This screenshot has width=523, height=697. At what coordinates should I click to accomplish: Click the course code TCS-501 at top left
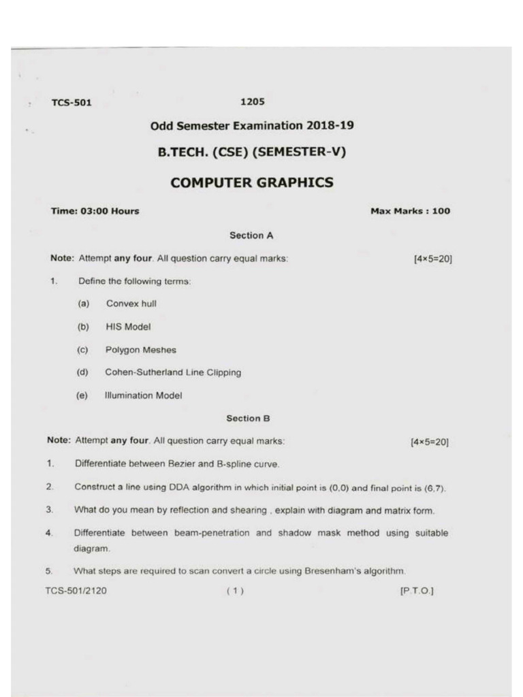(x=72, y=103)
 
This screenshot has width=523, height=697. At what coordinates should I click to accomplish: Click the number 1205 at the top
(x=252, y=102)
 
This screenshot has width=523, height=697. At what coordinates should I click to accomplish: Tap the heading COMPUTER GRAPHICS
(x=252, y=182)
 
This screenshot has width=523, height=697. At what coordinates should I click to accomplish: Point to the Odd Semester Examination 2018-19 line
(x=252, y=125)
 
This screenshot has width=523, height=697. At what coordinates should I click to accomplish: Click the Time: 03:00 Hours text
(x=95, y=211)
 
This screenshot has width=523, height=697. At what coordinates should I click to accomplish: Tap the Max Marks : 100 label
(x=410, y=211)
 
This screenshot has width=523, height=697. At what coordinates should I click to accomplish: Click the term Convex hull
(x=131, y=304)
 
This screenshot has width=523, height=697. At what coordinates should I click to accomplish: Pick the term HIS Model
(x=128, y=327)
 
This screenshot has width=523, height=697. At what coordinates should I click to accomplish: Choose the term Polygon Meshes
(x=140, y=350)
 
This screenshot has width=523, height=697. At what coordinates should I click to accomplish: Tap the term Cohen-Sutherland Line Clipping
(x=173, y=372)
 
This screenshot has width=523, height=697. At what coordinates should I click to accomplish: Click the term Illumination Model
(x=143, y=395)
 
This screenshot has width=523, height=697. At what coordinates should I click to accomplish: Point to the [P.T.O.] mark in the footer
(x=416, y=591)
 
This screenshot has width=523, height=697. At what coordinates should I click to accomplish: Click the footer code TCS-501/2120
(x=76, y=591)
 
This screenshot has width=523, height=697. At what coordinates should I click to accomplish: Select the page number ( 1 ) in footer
(x=234, y=591)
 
